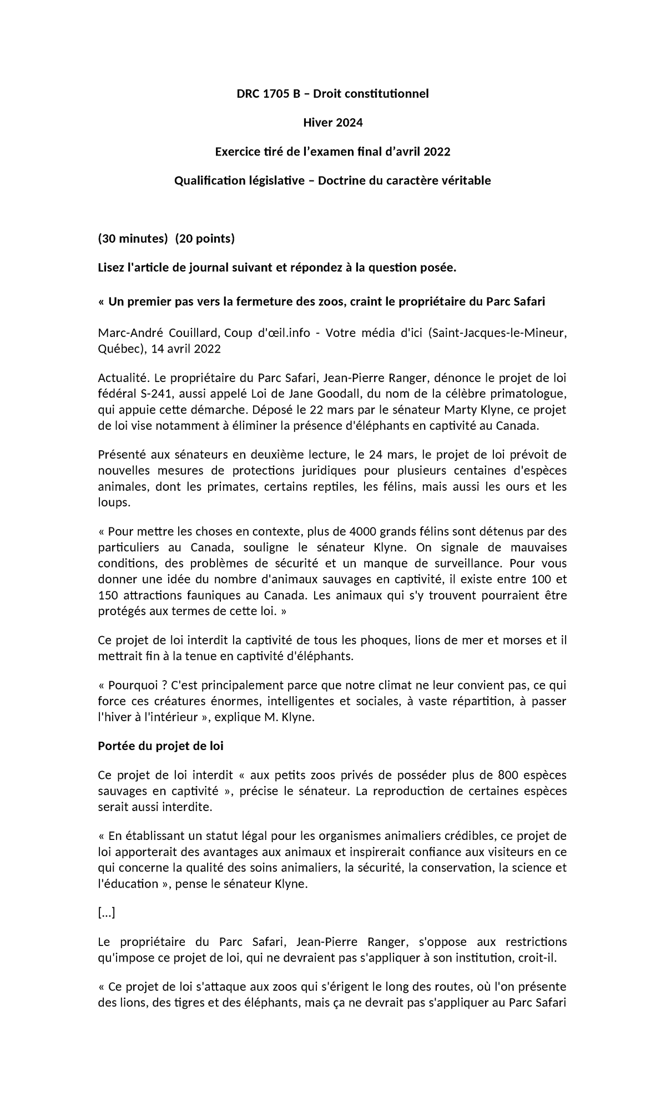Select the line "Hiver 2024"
click(x=332, y=123)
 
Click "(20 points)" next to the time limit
click(x=205, y=239)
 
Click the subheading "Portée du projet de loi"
click(x=160, y=746)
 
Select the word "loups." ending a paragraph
click(x=114, y=503)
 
